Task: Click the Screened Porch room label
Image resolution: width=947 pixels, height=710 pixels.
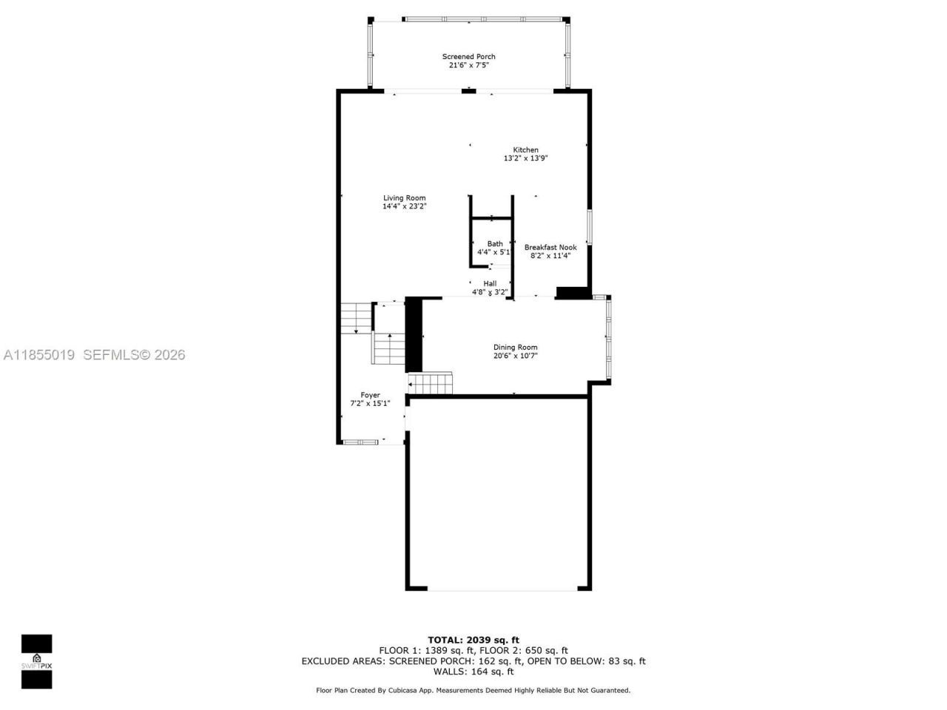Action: (468, 56)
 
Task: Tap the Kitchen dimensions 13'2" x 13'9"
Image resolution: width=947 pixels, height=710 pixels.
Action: (525, 158)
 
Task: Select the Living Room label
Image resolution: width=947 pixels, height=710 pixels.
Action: (404, 197)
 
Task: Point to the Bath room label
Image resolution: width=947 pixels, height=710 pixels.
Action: (494, 243)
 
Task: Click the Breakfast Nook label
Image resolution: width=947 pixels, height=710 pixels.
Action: (550, 247)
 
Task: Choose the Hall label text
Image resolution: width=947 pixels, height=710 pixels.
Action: (490, 283)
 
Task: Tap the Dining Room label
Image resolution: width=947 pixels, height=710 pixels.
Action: (515, 347)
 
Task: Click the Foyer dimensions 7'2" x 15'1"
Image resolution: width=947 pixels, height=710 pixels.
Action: (369, 404)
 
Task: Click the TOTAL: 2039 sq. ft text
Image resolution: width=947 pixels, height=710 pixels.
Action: (473, 640)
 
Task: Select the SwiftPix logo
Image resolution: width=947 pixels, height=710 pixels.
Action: (36, 661)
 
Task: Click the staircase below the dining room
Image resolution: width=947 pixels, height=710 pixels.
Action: (431, 384)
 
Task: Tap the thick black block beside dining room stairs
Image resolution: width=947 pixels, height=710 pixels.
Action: (414, 334)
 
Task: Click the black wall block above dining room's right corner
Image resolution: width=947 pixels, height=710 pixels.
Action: (572, 293)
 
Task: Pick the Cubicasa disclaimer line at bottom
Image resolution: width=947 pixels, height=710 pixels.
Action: (473, 690)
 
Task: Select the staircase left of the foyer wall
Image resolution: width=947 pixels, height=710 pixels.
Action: (355, 318)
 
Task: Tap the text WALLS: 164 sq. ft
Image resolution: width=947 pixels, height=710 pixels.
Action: (473, 672)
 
